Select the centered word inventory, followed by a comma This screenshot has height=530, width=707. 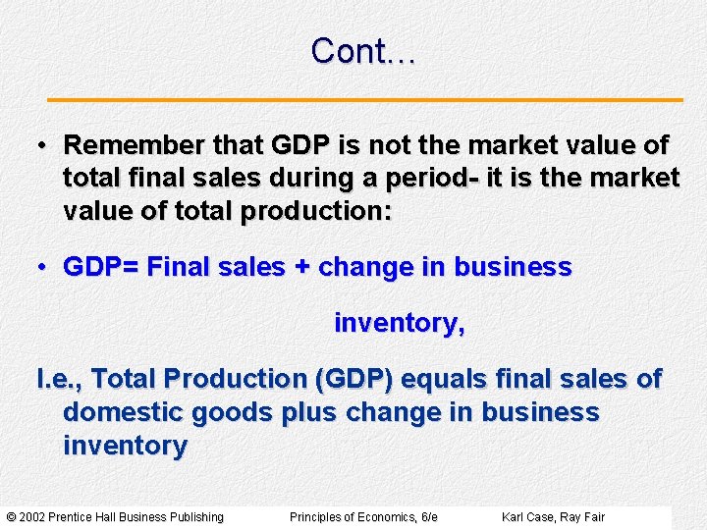pyautogui.click(x=400, y=323)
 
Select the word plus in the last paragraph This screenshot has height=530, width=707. pyautogui.click(x=309, y=412)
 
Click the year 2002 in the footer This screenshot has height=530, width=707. pyautogui.click(x=32, y=517)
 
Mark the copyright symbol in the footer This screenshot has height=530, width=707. pyautogui.click(x=11, y=517)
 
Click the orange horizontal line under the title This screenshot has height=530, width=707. pyautogui.click(x=365, y=100)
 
